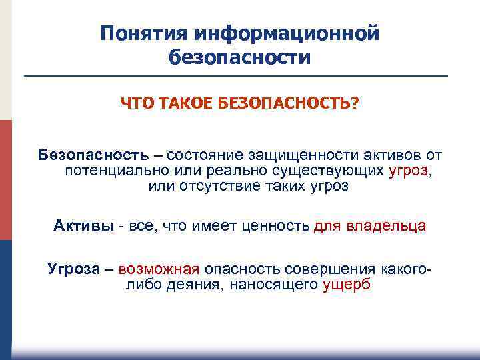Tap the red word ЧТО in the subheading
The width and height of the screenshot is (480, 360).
pyautogui.click(x=135, y=105)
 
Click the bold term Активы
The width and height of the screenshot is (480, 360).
pyautogui.click(x=83, y=226)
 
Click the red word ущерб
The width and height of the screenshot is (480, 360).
pyautogui.click(x=347, y=285)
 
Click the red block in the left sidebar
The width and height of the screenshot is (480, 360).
pyautogui.click(x=6, y=180)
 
